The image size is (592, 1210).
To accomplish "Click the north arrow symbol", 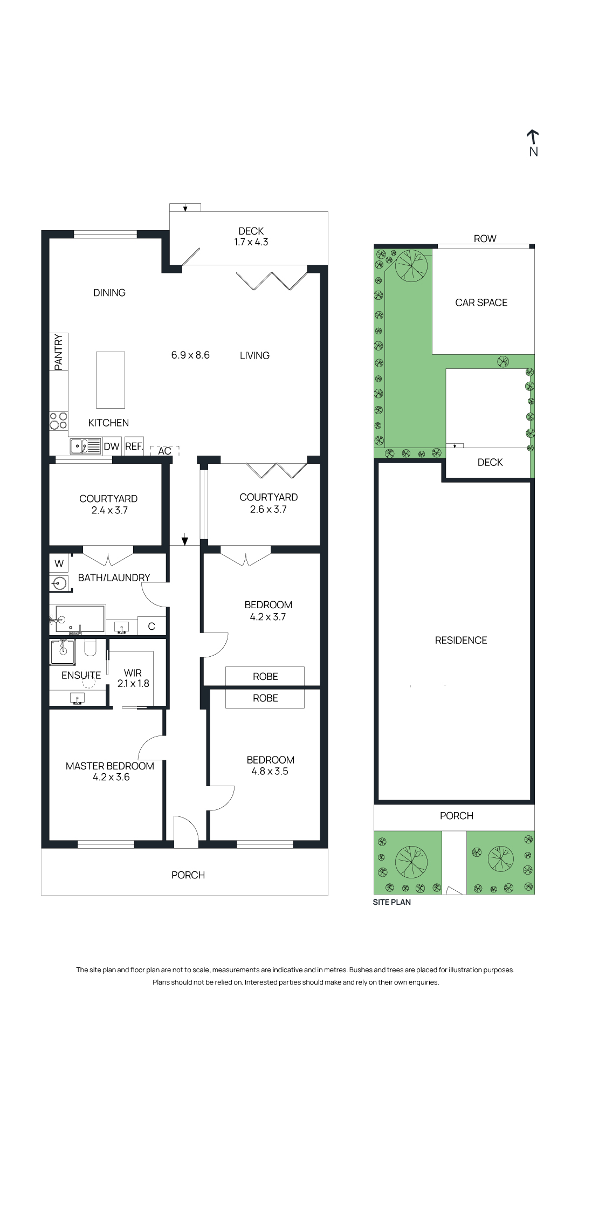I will tap(533, 137).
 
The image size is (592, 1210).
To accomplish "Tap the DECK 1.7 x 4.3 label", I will tap(251, 236).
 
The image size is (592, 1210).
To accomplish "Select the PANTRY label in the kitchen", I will tap(58, 352).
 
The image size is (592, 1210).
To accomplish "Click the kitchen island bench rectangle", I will tap(111, 380).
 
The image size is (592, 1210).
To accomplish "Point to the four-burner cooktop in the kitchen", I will tap(58, 421).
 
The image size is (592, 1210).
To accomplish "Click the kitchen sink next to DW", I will tap(85, 446).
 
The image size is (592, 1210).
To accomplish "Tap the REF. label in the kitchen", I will tap(134, 446).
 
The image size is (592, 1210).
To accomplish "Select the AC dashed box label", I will tap(164, 451).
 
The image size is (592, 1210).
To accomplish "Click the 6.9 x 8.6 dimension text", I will tap(190, 355).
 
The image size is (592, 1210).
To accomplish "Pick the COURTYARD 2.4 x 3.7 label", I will tap(108, 504).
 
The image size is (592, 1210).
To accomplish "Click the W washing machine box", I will tap(59, 563).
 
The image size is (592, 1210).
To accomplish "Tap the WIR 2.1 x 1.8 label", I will tap(133, 678).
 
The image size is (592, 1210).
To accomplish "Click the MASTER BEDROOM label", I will tap(110, 766).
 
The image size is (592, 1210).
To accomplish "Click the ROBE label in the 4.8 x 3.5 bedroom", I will tap(265, 698).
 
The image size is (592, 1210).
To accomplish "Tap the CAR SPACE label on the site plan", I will tap(481, 302).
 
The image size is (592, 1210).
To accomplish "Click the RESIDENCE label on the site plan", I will tap(460, 640).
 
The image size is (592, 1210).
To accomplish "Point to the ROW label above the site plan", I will tap(485, 238).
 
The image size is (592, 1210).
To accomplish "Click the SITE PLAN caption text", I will tap(391, 902).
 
